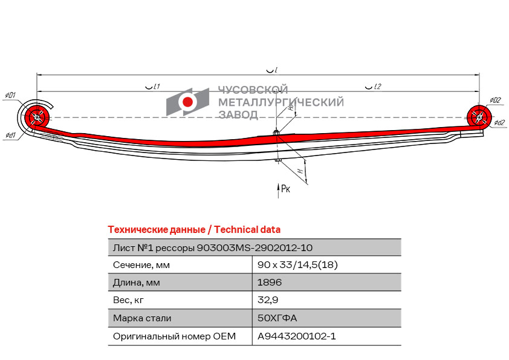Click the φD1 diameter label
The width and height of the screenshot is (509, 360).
tap(10, 96)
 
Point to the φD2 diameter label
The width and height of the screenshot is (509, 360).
tap(495, 100)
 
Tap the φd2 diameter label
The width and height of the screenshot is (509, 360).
tap(499, 122)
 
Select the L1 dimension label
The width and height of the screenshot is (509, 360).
tap(152, 87)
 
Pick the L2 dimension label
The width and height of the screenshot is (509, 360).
tap(374, 87)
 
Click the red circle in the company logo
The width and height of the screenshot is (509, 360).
tap(187, 102)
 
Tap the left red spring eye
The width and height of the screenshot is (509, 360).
tap(37, 117)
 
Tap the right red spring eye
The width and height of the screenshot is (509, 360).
tap(479, 116)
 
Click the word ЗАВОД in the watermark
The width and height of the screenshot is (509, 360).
tap(238, 115)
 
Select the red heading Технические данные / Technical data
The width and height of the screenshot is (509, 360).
tap(194, 230)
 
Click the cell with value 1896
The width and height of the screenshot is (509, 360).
tap(270, 283)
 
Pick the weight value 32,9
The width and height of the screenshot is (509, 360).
tap(268, 300)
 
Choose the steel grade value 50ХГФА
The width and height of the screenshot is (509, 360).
tap(277, 318)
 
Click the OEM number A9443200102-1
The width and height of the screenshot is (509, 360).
tap(297, 336)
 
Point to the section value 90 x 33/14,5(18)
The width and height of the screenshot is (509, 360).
tap(297, 265)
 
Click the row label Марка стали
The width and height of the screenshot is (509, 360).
tap(142, 318)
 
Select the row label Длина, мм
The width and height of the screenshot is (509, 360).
tap(137, 283)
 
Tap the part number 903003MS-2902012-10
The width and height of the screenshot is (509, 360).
tap(255, 248)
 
